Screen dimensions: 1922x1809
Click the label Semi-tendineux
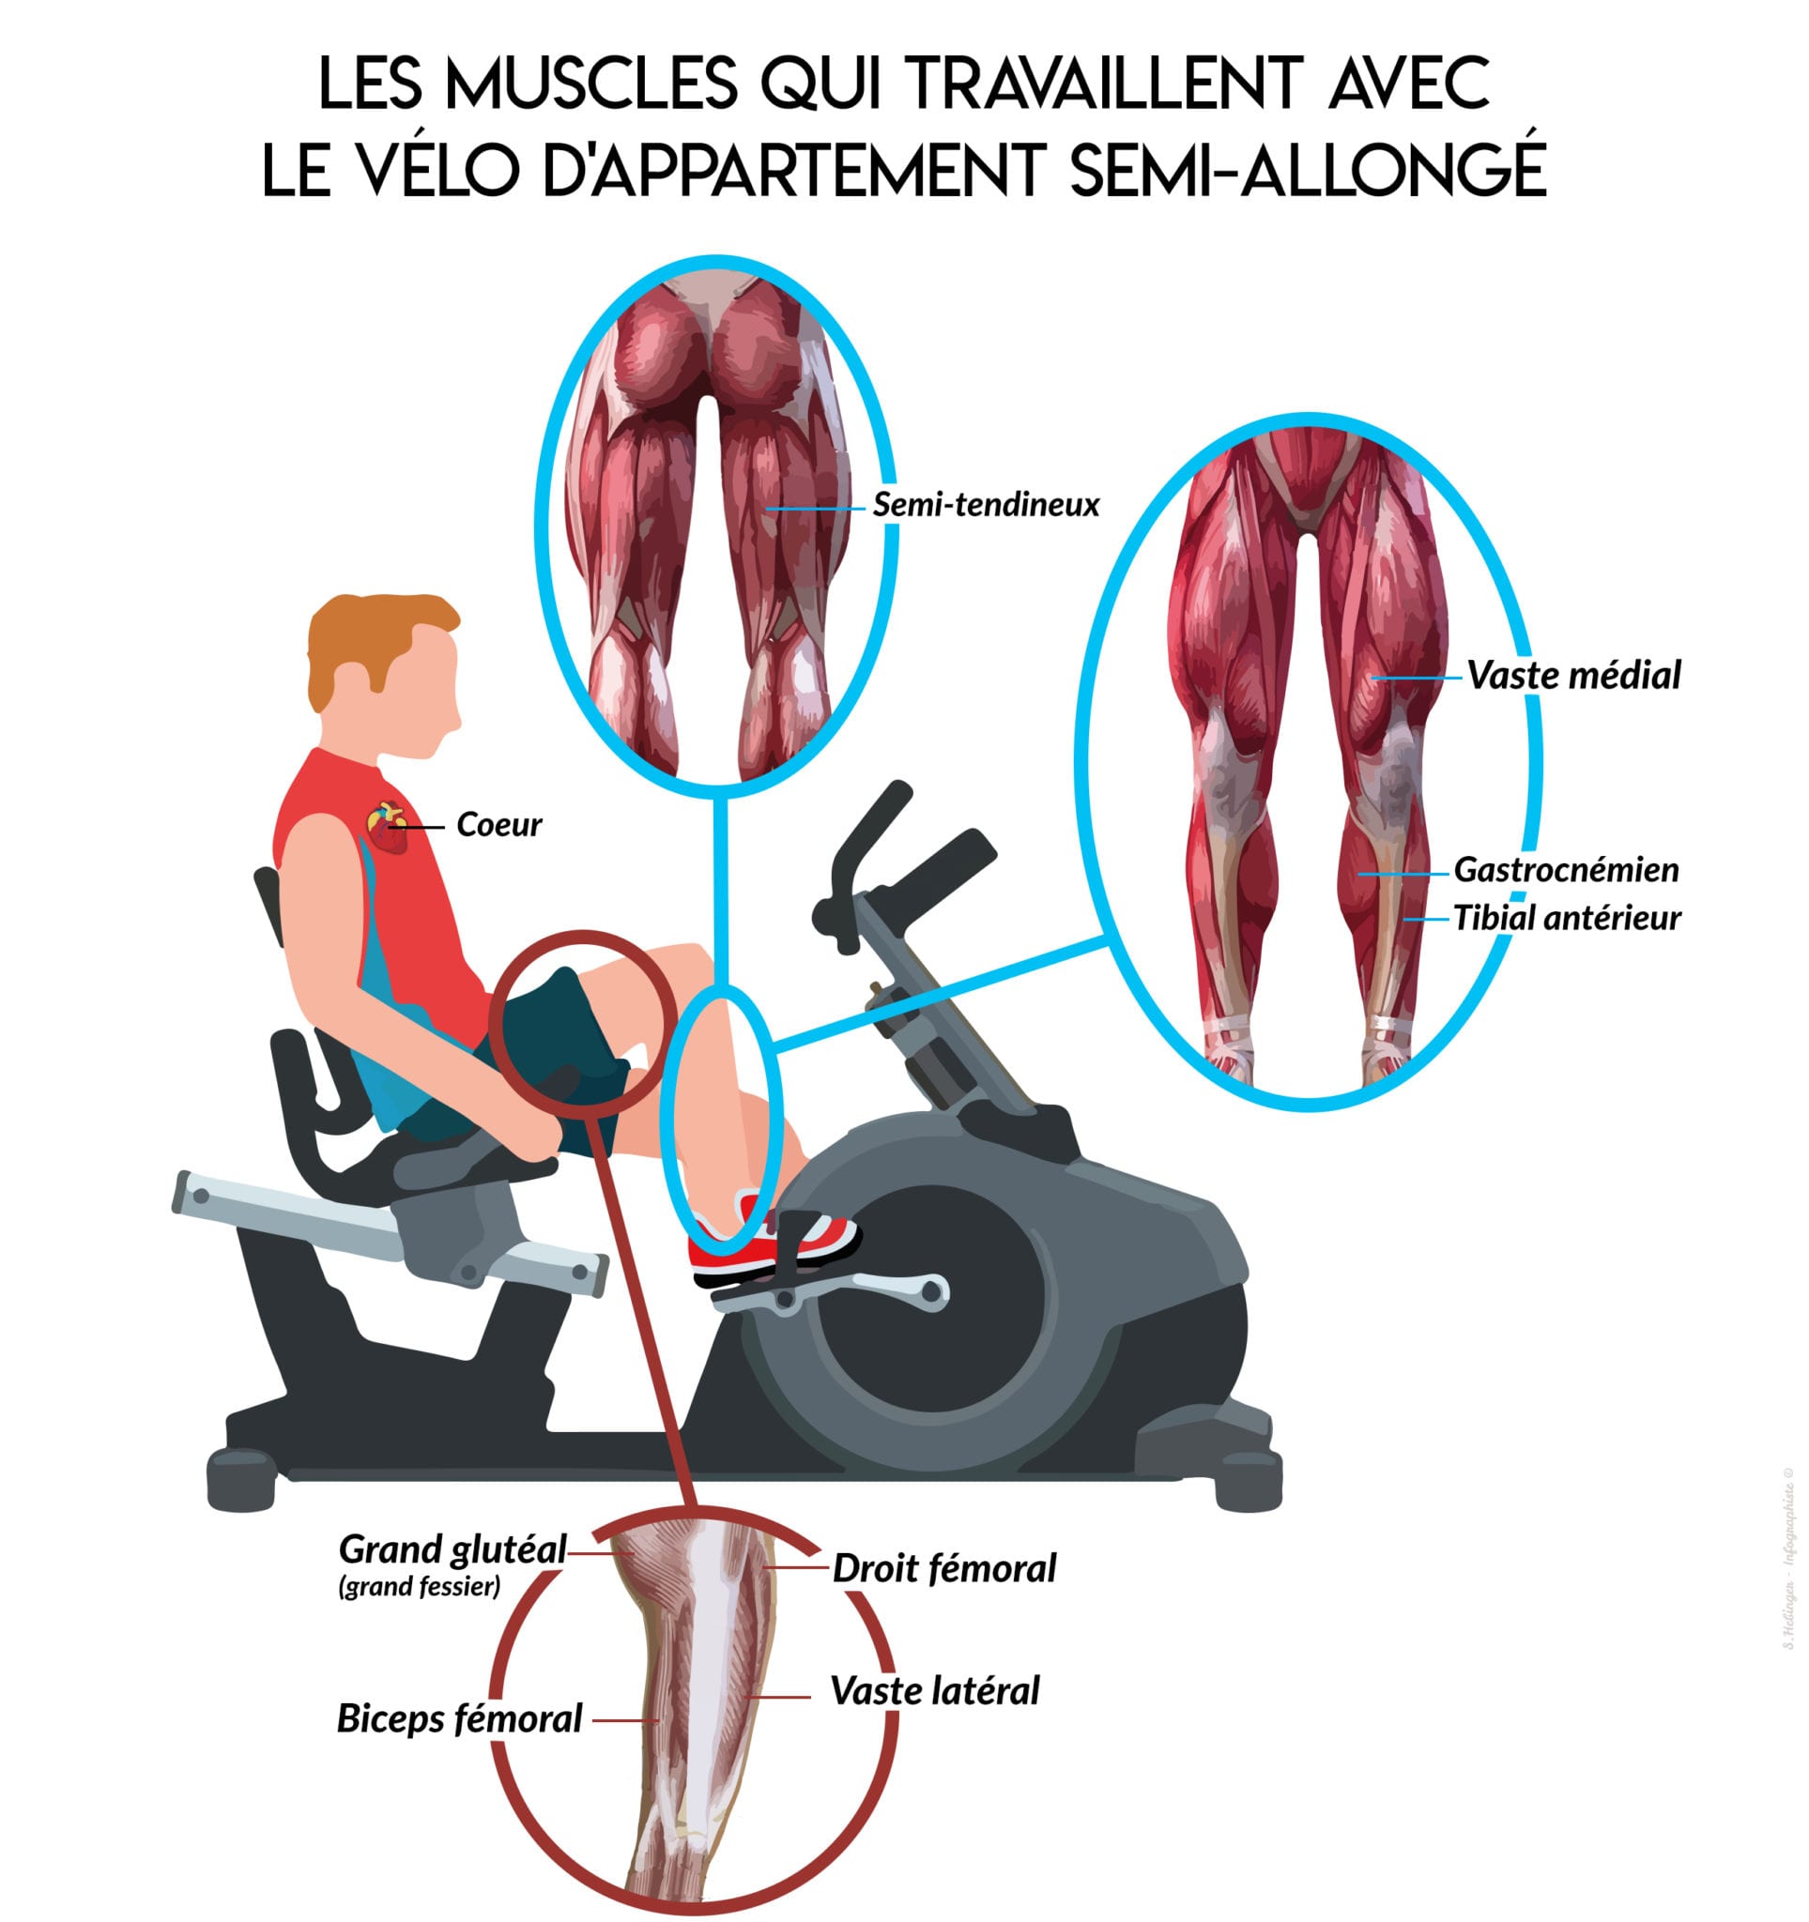(985, 504)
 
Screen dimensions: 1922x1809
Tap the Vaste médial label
(1573, 675)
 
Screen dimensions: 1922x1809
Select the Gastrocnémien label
(1565, 869)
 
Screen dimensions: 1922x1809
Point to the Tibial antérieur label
(1566, 917)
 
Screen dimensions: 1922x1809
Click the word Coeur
(498, 825)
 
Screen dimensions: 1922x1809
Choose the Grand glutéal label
(452, 1548)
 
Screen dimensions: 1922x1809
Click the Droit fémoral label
(943, 1568)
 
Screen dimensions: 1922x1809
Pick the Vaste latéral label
(934, 1691)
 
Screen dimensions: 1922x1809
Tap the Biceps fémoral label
(459, 1719)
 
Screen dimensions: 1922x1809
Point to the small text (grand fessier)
(420, 1587)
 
